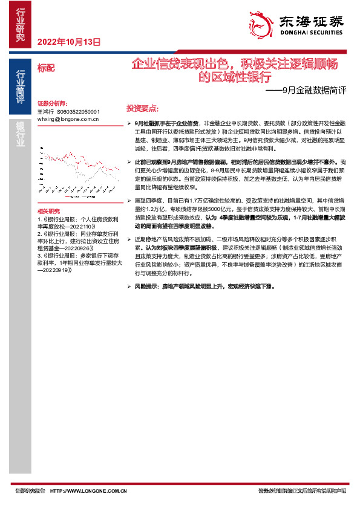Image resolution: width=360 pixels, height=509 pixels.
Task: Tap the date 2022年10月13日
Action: (x=68, y=42)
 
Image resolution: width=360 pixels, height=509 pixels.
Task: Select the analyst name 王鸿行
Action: (x=45, y=112)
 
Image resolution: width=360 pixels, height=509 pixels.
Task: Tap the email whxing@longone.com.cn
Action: (x=67, y=119)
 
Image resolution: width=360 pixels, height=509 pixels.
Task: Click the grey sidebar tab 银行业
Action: (x=21, y=133)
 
